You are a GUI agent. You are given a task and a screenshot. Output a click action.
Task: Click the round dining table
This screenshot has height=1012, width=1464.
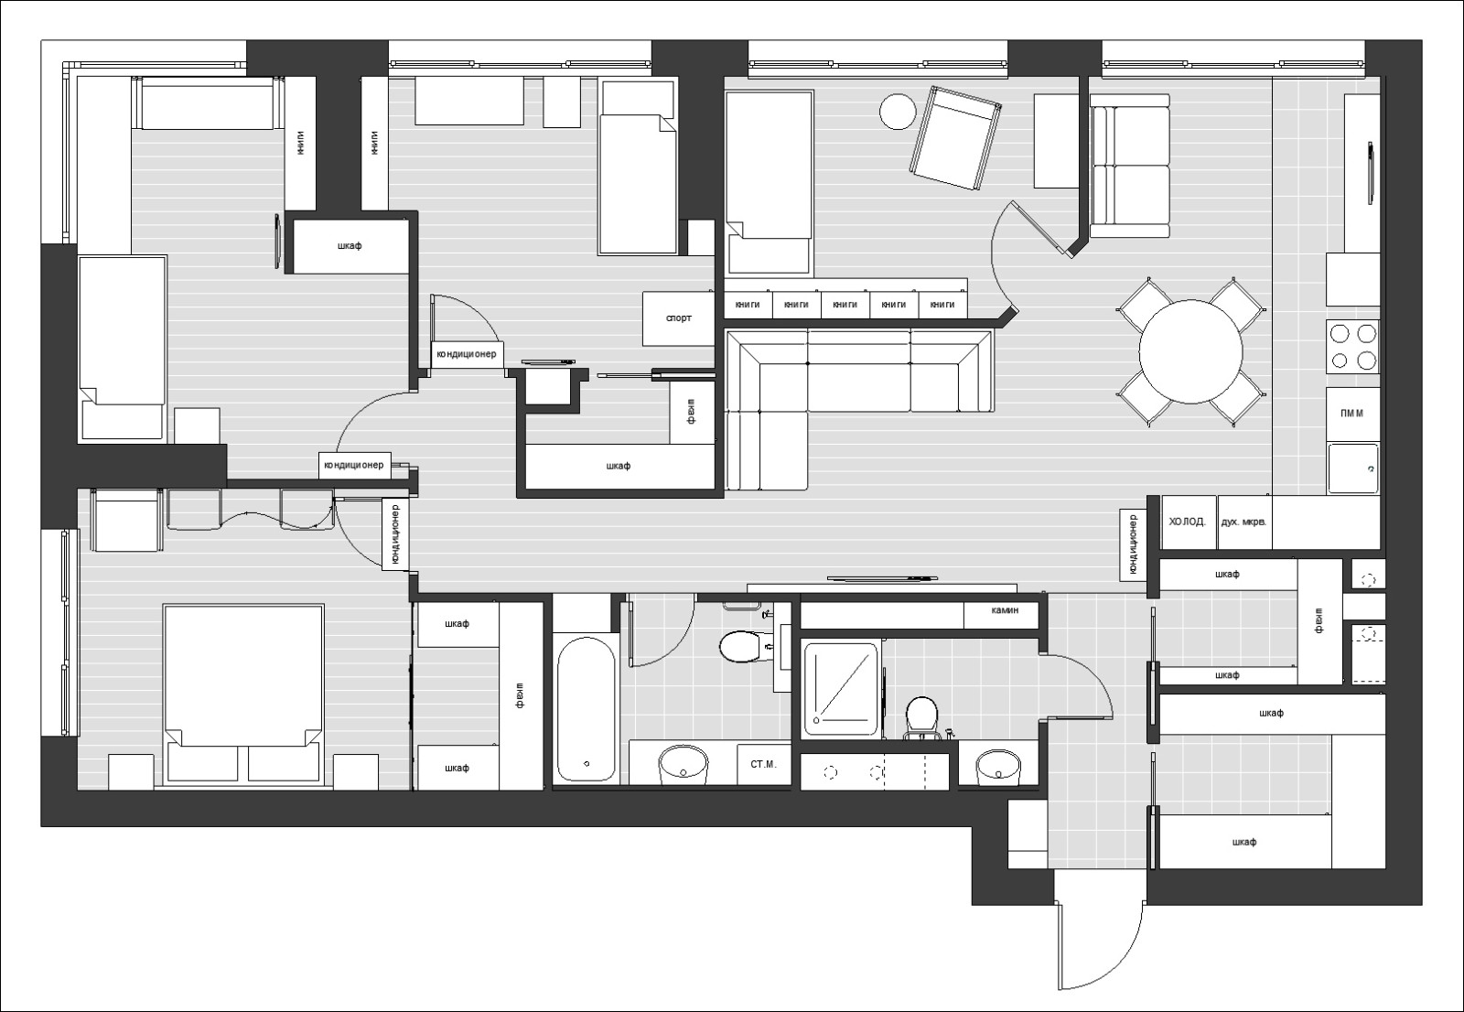pyautogui.click(x=1190, y=351)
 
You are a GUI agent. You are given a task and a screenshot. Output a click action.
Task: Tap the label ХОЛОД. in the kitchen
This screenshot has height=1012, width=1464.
pyautogui.click(x=1187, y=522)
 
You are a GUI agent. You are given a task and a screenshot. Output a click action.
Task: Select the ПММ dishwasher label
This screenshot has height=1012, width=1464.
pyautogui.click(x=1351, y=414)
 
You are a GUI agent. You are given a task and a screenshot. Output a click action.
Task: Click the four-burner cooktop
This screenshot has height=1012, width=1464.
pyautogui.click(x=1352, y=347)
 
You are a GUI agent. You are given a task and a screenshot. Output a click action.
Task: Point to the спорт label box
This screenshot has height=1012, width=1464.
pyautogui.click(x=678, y=318)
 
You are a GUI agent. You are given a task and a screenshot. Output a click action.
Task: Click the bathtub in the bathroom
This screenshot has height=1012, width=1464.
pyautogui.click(x=586, y=709)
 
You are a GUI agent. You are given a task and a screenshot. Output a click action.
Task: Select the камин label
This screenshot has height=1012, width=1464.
pyautogui.click(x=1004, y=610)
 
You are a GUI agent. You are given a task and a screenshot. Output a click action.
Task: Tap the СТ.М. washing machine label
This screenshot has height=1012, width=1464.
pyautogui.click(x=763, y=763)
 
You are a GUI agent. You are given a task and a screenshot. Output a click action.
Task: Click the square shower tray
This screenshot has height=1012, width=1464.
pyautogui.click(x=840, y=689)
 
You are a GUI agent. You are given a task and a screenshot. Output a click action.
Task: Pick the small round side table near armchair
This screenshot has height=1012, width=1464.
pyautogui.click(x=898, y=112)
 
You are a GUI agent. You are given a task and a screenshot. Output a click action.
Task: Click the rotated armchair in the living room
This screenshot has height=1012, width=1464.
pyautogui.click(x=955, y=137)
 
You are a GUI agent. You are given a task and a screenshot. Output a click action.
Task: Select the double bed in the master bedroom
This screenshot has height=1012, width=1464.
pyautogui.click(x=243, y=693)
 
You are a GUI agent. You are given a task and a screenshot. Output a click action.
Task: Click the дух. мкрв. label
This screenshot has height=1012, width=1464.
pyautogui.click(x=1243, y=522)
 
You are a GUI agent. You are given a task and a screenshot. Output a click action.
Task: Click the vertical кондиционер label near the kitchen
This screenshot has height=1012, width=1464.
pyautogui.click(x=1133, y=544)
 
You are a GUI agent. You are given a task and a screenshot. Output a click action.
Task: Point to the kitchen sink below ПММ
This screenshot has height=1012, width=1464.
pyautogui.click(x=1351, y=468)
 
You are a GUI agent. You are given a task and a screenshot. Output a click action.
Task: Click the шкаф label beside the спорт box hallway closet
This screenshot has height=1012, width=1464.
pyautogui.click(x=619, y=466)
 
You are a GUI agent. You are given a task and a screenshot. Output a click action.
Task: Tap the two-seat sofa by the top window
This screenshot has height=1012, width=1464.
pyautogui.click(x=1130, y=165)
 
